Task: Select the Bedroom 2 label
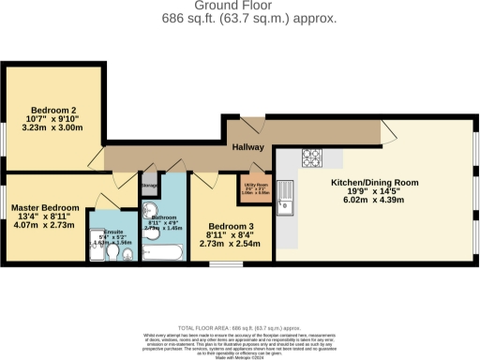click(x=52, y=109)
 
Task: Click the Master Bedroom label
click(x=45, y=207)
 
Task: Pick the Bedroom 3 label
click(x=231, y=228)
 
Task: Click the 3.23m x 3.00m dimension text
click(x=52, y=132)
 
